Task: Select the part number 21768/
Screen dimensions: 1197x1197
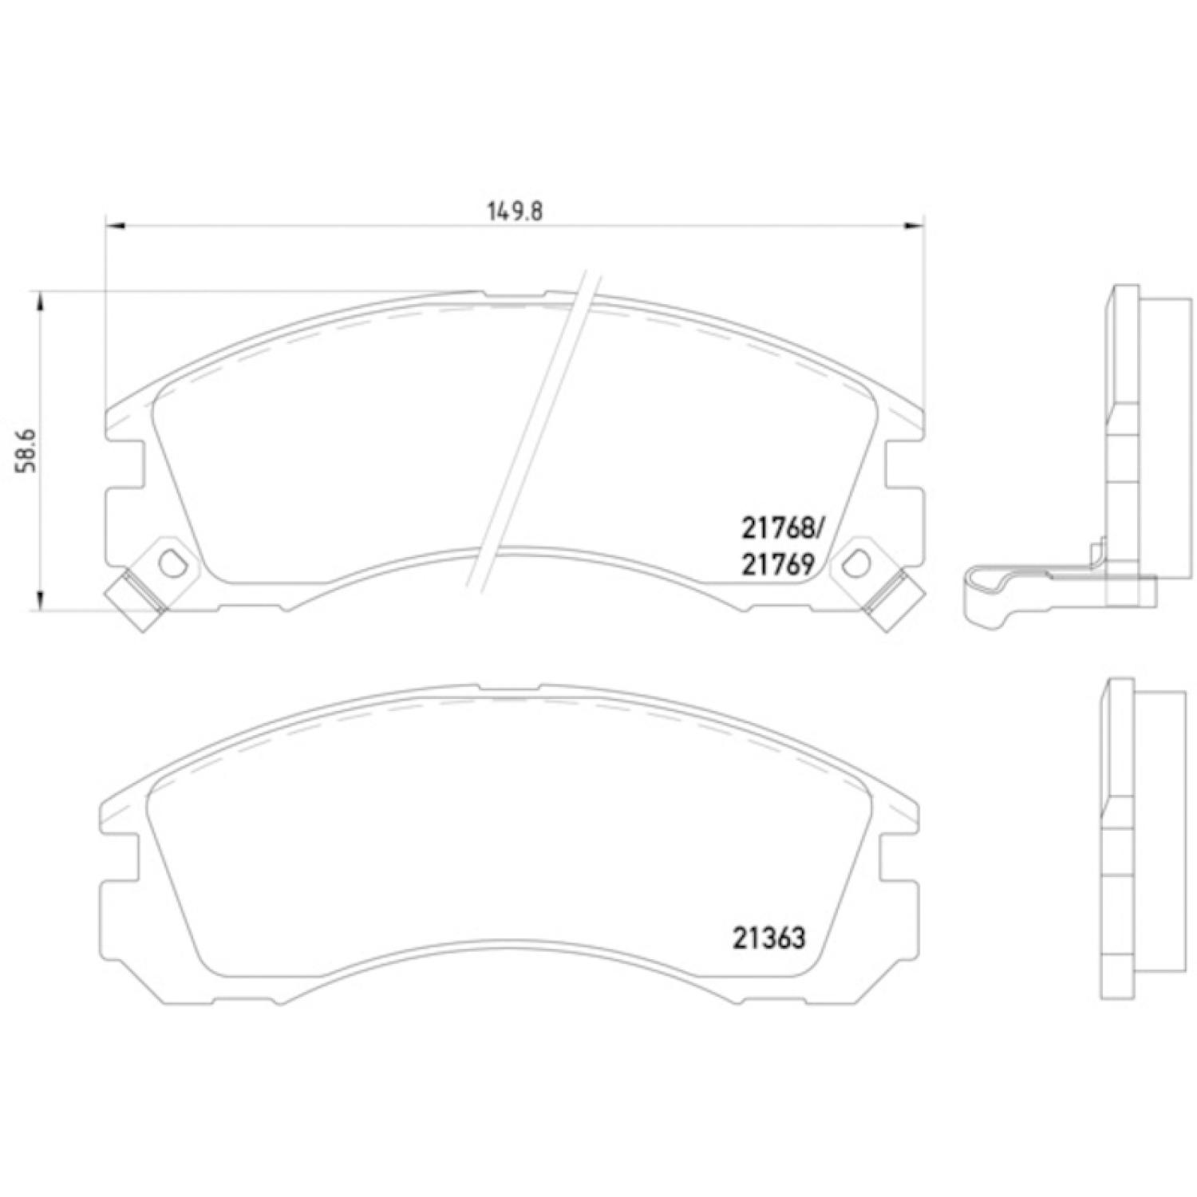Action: click(781, 527)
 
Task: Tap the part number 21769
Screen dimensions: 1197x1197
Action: click(777, 565)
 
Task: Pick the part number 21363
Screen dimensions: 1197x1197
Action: click(768, 938)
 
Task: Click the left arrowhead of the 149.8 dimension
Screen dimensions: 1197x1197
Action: click(117, 227)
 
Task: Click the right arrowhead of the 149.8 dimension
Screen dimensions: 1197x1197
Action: click(913, 227)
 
